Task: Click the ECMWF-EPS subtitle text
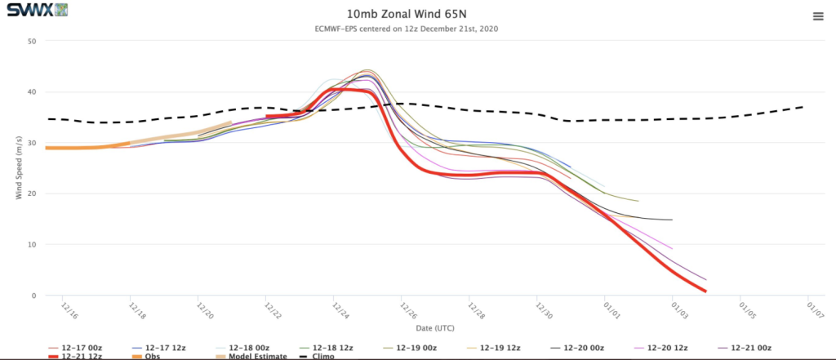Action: (x=407, y=29)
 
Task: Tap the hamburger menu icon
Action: (x=818, y=16)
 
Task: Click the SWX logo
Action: (x=37, y=10)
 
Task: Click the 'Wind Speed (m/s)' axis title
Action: (x=20, y=167)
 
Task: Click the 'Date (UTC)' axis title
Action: (x=435, y=328)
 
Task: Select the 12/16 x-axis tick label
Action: (x=69, y=310)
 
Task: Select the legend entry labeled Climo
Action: (x=317, y=356)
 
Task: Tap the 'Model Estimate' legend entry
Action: (x=251, y=356)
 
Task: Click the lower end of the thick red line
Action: (x=705, y=291)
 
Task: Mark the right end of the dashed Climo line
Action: (x=803, y=107)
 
